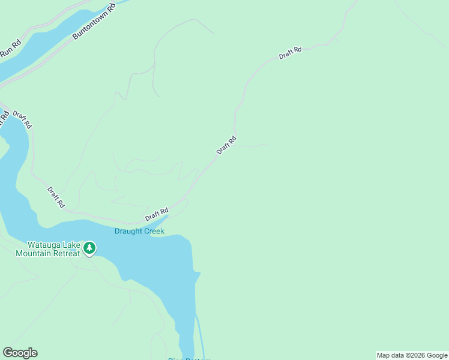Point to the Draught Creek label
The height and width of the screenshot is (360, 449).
[x=139, y=231]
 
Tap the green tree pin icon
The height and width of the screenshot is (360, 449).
[x=89, y=248]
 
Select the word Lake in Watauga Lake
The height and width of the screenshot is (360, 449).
[x=71, y=245]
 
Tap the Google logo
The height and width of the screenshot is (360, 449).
[x=20, y=353]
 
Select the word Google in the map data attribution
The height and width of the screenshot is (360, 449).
[x=437, y=355]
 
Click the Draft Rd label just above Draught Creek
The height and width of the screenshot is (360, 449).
[x=157, y=214]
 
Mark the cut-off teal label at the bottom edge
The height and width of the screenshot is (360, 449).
[x=189, y=358]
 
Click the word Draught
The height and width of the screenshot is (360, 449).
[x=128, y=231]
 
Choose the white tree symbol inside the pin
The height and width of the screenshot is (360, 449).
[x=89, y=247]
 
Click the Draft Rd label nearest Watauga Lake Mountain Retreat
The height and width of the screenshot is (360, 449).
[x=56, y=197]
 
